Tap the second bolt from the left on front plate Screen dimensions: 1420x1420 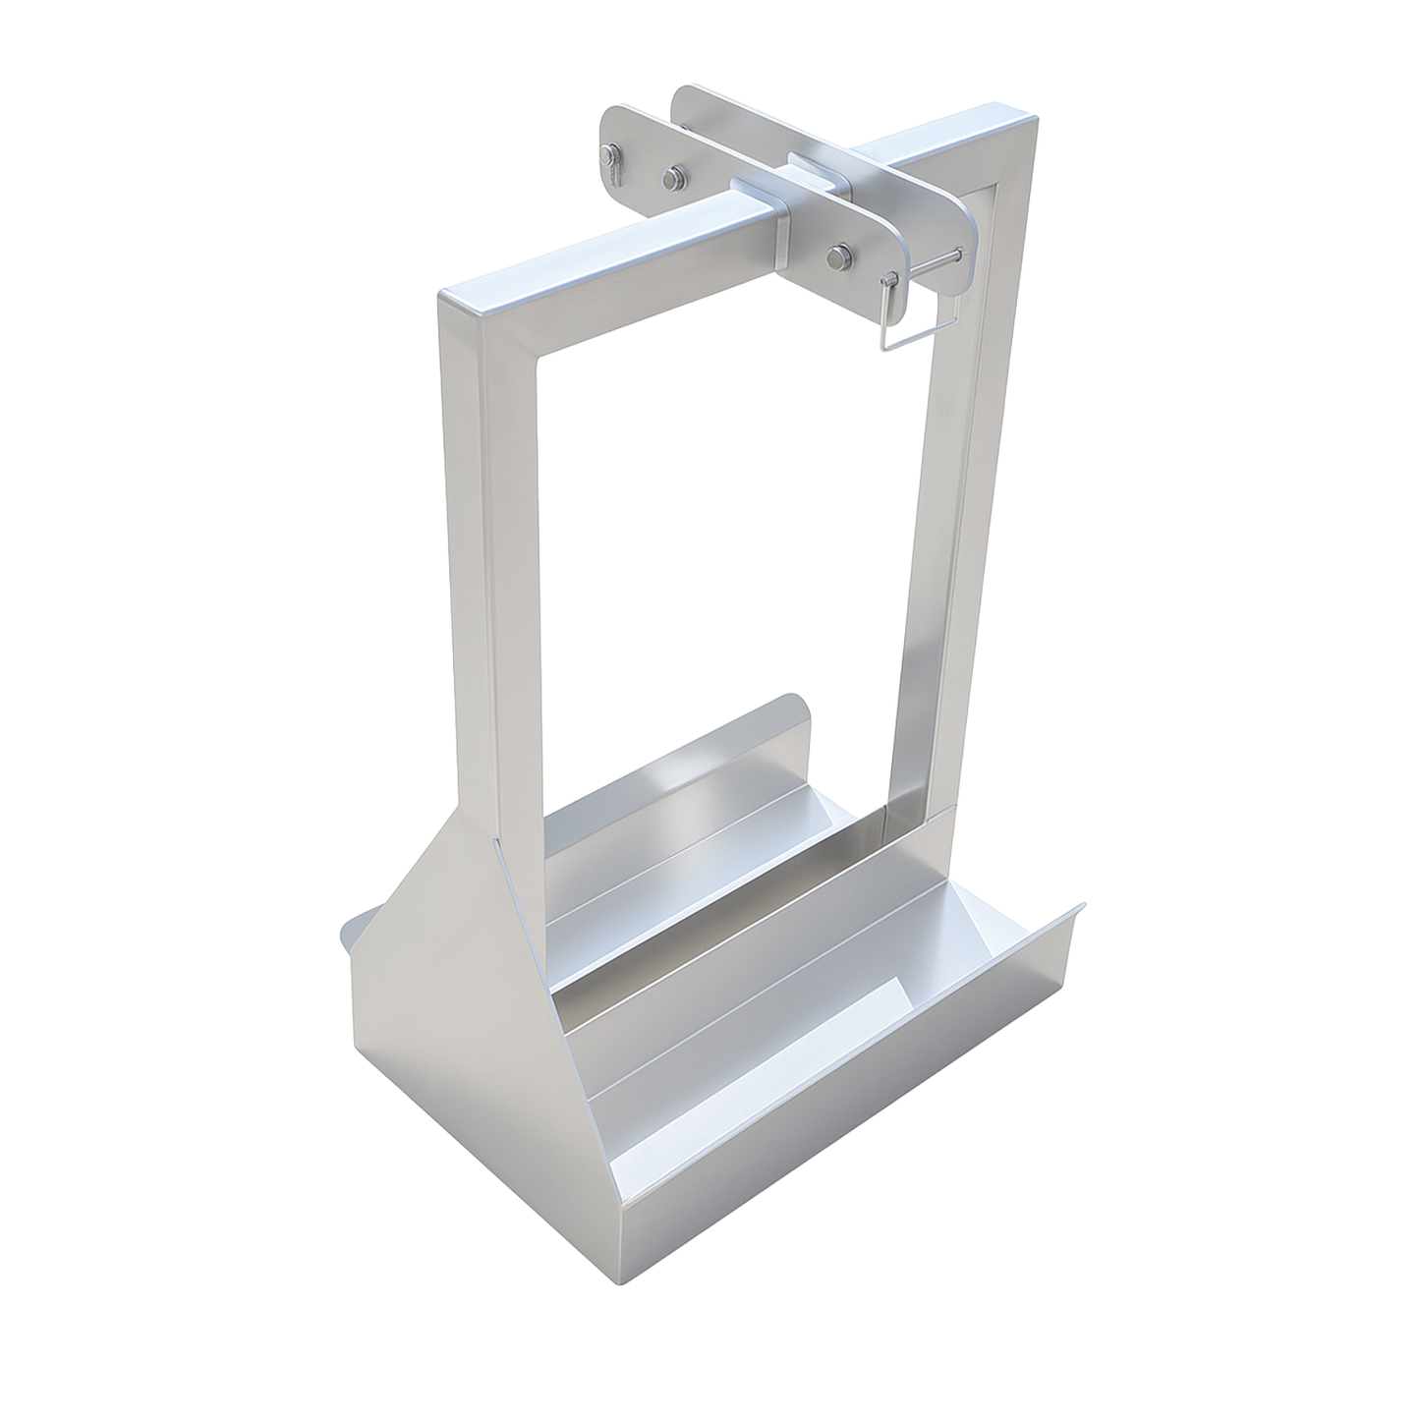pyautogui.click(x=672, y=177)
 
